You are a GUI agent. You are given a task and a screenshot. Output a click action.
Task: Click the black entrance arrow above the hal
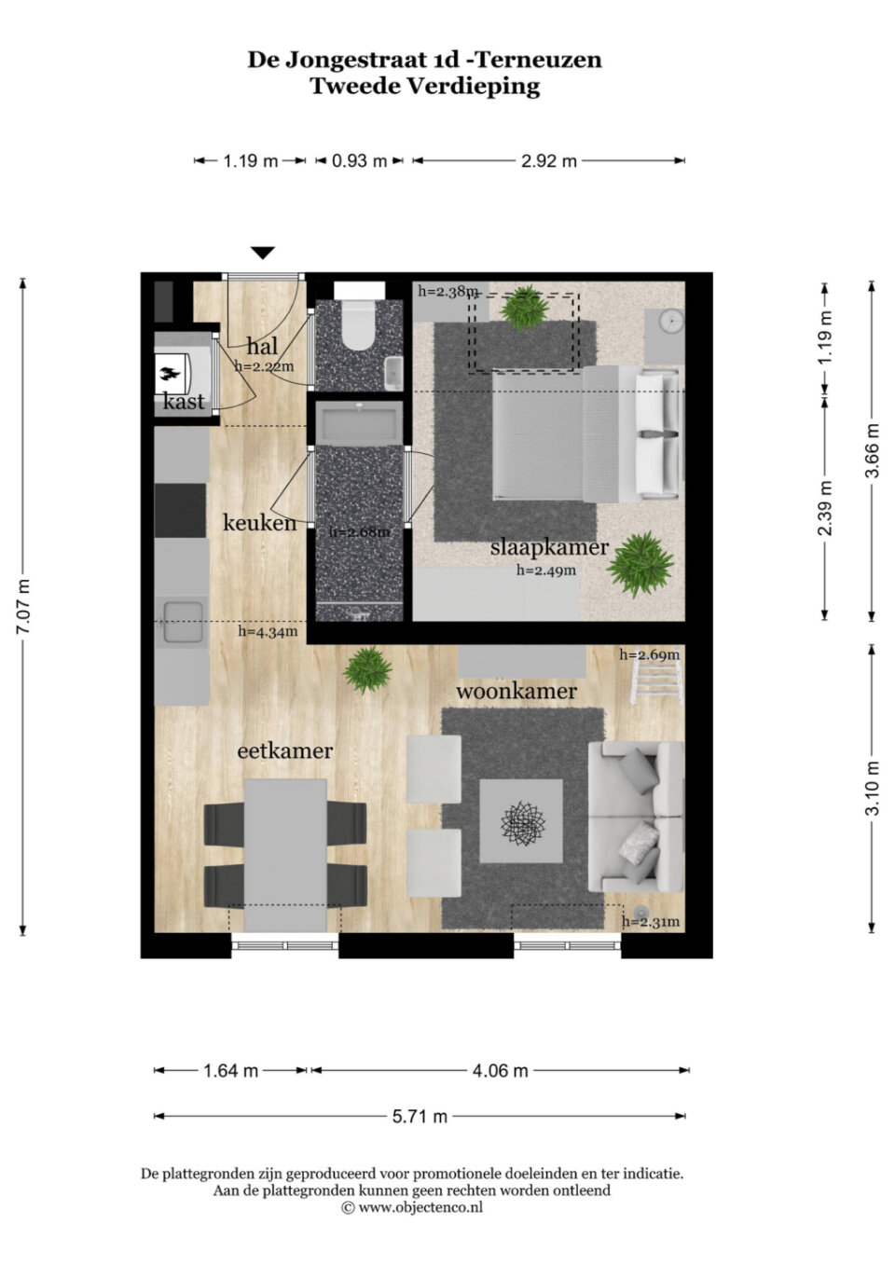[263, 253]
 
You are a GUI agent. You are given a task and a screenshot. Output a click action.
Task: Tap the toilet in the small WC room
[359, 324]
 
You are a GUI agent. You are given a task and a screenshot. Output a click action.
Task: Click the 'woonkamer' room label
[516, 691]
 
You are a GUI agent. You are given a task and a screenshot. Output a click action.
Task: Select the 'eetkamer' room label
[284, 751]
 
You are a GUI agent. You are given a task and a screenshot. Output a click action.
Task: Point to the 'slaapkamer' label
[549, 547]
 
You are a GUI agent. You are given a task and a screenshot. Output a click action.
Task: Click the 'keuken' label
[260, 522]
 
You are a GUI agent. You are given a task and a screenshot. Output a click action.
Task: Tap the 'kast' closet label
[184, 402]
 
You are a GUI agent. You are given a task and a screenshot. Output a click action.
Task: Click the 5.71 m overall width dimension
[420, 1117]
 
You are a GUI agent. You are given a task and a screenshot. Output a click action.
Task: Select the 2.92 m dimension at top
[548, 161]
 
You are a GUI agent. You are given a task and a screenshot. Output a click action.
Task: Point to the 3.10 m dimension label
[873, 788]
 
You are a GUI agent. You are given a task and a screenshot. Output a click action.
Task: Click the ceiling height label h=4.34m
[268, 631]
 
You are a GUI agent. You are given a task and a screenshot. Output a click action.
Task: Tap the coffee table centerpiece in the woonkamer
[522, 821]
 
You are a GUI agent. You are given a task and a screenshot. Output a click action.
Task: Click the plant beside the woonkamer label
[367, 670]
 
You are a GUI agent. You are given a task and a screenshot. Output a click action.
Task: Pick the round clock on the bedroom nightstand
[671, 320]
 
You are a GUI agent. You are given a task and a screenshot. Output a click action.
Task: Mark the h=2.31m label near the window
[650, 922]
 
